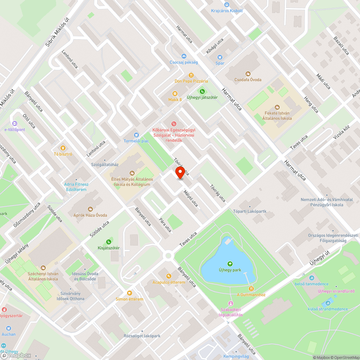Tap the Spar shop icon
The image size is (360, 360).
[220, 57]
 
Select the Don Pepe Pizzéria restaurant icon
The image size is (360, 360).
[191, 75]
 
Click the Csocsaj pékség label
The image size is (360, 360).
[184, 62]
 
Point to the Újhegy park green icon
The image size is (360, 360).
[230, 264]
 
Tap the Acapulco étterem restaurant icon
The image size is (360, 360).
[168, 276]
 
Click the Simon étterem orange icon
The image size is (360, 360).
[129, 293]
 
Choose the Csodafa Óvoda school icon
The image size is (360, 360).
[248, 73]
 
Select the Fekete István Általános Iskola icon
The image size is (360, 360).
[277, 107]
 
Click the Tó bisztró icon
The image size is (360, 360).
[63, 148]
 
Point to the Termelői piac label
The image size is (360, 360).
[136, 141]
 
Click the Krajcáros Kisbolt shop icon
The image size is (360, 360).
[227, 5]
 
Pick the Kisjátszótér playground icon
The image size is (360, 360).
[108, 242]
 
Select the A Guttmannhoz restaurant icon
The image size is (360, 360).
[251, 289]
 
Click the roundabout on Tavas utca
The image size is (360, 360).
[167, 256]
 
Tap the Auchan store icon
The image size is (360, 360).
[8, 328]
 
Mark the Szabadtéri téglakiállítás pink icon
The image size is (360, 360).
[231, 304]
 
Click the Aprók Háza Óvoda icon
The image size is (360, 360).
[90, 209]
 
